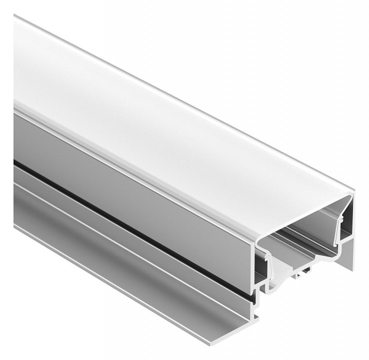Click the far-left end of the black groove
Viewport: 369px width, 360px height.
click(x=15, y=162)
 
